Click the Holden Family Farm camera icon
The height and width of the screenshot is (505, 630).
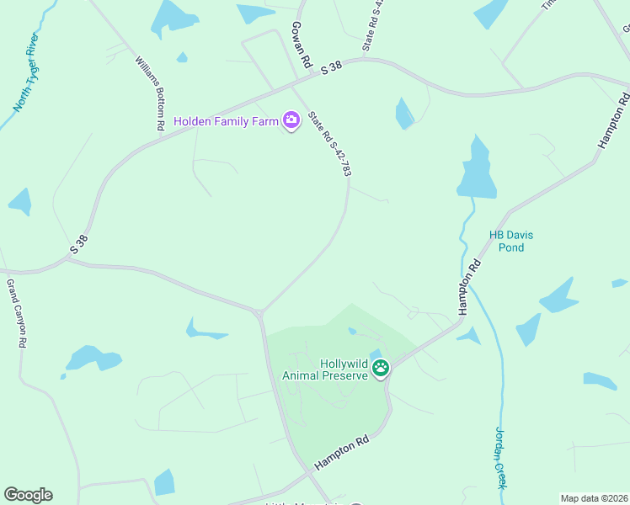coord(291,121)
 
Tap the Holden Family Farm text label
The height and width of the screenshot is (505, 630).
coord(226,121)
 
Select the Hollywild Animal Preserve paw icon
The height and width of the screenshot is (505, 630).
coord(381,368)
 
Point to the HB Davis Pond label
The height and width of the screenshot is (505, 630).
coord(511,242)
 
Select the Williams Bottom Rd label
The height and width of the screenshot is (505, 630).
coord(149,93)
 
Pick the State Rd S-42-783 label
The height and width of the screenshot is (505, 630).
coord(329,144)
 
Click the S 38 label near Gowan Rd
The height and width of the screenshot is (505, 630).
coord(331,69)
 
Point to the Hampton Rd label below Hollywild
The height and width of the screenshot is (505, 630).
coord(342,453)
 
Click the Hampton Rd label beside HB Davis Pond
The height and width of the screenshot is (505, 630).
coord(474,287)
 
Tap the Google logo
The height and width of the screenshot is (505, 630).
coord(28,495)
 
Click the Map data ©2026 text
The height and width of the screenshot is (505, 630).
coord(594,498)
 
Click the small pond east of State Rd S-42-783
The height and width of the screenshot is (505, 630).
coord(404,114)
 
